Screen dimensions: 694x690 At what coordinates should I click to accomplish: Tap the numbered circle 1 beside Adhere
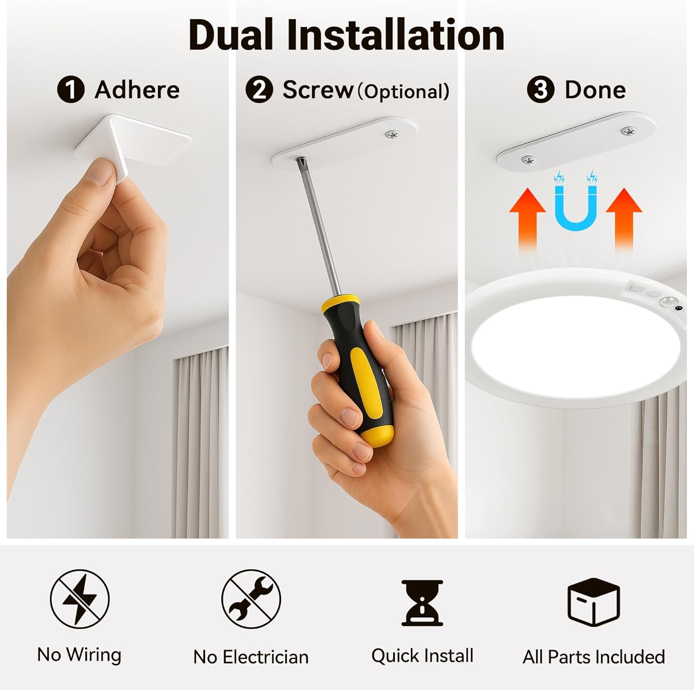pyautogui.click(x=70, y=90)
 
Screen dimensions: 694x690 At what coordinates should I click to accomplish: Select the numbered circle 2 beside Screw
pyautogui.click(x=259, y=90)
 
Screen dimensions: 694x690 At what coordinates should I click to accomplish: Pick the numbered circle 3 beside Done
pyautogui.click(x=540, y=90)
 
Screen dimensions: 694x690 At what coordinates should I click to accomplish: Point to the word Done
pyautogui.click(x=595, y=89)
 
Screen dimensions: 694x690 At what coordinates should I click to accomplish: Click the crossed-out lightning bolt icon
pyautogui.click(x=80, y=598)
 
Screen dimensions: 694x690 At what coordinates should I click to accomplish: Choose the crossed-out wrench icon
pyautogui.click(x=251, y=598)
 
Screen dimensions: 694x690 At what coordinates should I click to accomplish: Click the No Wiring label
pyautogui.click(x=79, y=655)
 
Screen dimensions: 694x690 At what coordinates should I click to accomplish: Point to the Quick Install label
pyautogui.click(x=422, y=656)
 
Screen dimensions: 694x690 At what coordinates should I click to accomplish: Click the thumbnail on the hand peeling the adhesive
pyautogui.click(x=101, y=173)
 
